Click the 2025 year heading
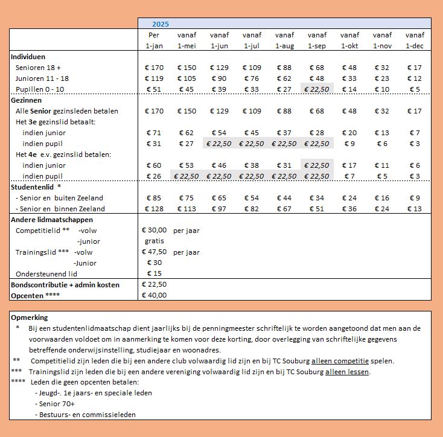[x=160, y=24]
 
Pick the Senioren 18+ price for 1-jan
[x=155, y=68]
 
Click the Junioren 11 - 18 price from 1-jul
[x=252, y=78]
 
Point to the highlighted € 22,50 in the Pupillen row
[x=317, y=89]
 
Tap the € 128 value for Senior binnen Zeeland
[x=155, y=209]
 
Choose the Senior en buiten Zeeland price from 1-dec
[x=415, y=198]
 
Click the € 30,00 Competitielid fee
[x=154, y=230]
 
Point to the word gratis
[x=155, y=241]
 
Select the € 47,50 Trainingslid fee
[x=154, y=252]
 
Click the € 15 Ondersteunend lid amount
[x=155, y=273]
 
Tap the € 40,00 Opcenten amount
[x=154, y=295]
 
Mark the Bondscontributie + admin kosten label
[x=65, y=284]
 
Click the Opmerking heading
[x=29, y=317]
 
